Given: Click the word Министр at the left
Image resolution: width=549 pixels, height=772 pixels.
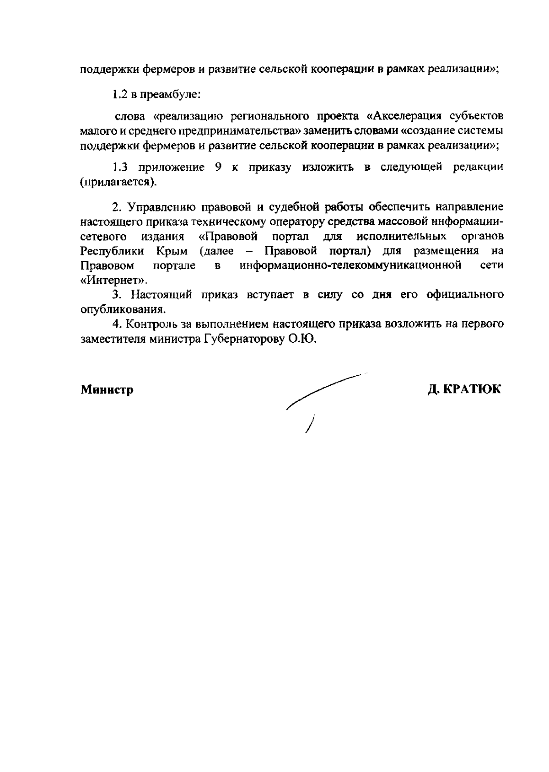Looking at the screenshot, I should [107, 390].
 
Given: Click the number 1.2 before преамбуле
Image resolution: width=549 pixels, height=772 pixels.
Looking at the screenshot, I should [120, 95].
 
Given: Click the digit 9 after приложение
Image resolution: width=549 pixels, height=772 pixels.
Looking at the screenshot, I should [218, 167].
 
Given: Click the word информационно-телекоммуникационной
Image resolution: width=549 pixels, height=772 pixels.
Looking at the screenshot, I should [350, 265].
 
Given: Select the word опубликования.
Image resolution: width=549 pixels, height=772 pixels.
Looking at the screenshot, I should [122, 309].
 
